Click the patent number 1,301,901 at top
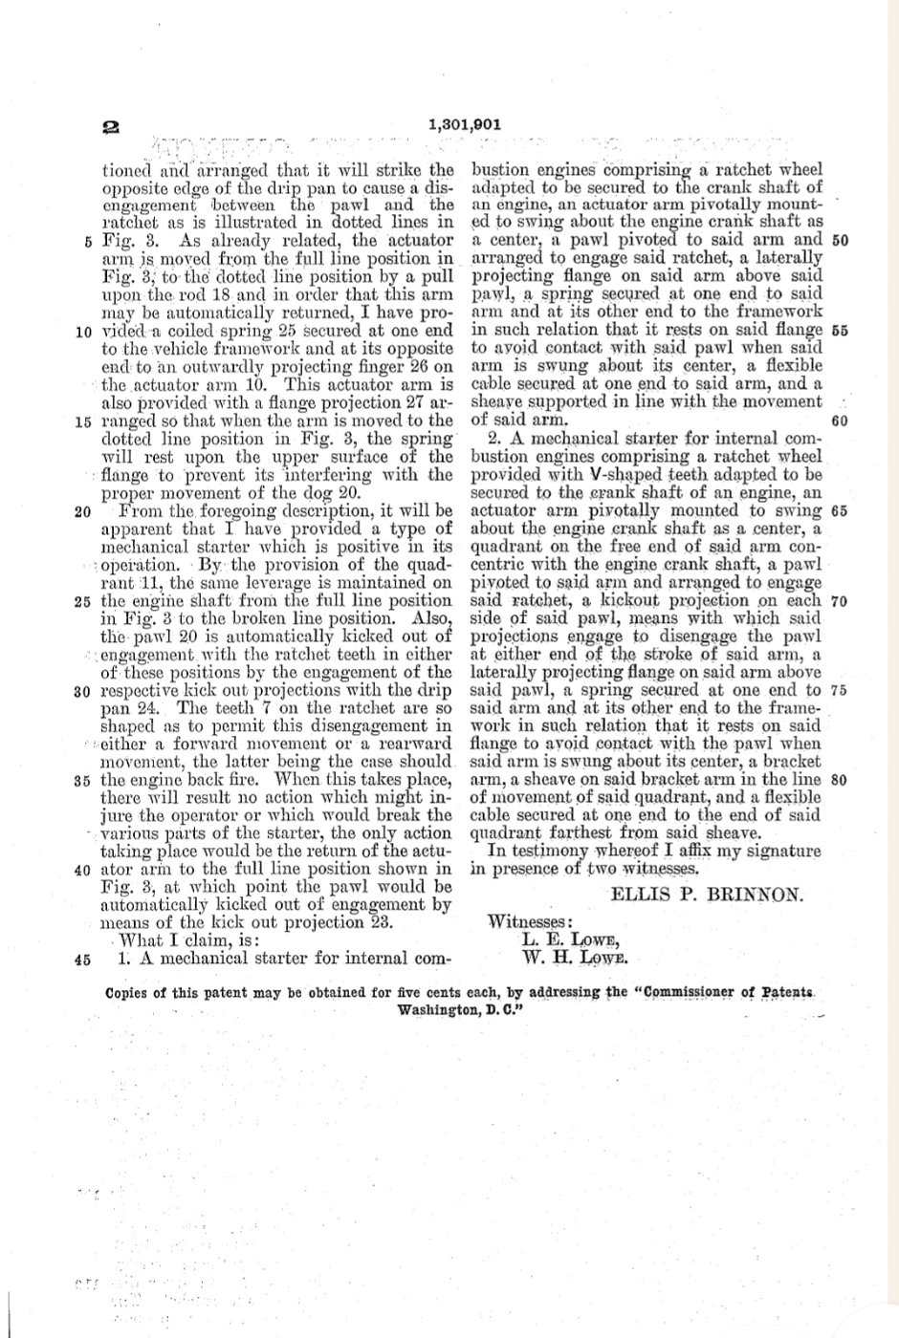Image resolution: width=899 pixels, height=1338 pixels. tap(465, 124)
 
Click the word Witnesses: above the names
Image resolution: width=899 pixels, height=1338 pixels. tap(531, 922)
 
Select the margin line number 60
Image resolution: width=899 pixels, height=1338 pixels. tap(840, 421)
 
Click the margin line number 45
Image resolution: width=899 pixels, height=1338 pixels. tap(81, 960)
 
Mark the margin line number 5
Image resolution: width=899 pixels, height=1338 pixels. tap(87, 241)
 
